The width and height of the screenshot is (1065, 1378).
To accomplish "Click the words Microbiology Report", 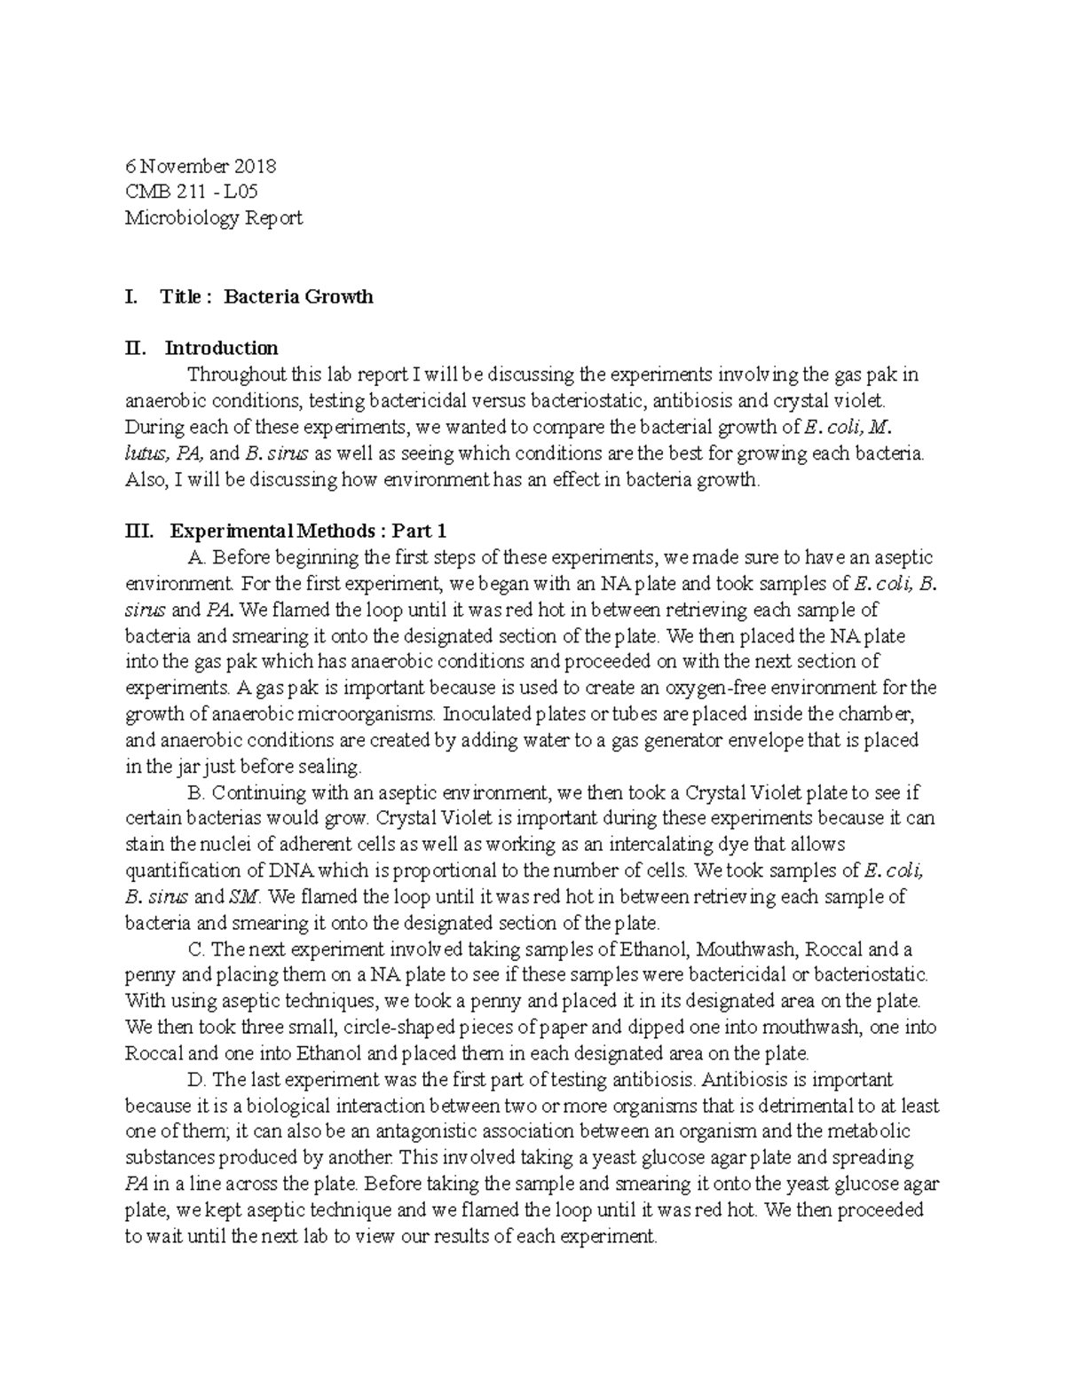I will point(214,217).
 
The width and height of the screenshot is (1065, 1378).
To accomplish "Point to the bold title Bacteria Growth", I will point(298,296).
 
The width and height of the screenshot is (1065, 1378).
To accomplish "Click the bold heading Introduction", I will point(221,348).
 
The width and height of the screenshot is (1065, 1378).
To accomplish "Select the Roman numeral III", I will point(138,531).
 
